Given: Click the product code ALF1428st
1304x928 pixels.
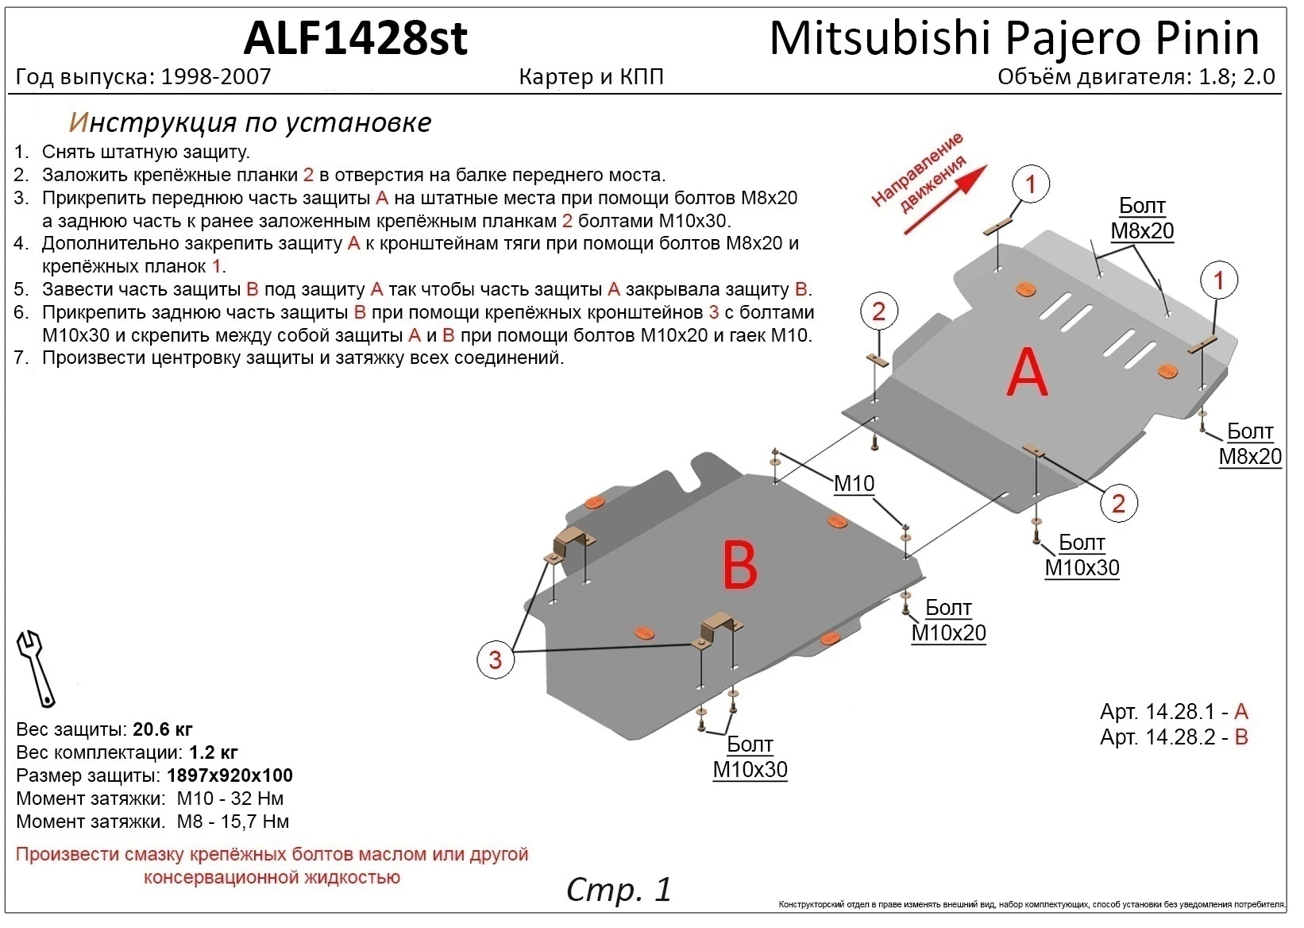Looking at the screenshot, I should point(355,37).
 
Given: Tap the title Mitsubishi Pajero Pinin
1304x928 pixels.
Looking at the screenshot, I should point(1014,37).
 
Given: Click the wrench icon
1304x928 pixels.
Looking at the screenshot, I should point(36,668).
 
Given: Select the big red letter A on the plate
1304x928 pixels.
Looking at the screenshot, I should point(1027,373).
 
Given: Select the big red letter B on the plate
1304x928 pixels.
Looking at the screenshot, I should point(740,566).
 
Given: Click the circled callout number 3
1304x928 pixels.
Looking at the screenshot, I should point(496,659).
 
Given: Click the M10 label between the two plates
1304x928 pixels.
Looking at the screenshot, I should point(854,483).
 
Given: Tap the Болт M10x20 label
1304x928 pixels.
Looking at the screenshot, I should point(948,621).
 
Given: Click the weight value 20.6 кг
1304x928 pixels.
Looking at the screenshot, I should point(162,729).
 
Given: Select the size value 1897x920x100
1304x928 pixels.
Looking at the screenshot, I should point(230,775).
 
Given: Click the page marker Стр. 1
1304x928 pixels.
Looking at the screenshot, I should point(619,890).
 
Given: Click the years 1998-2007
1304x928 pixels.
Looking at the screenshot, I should point(216,77).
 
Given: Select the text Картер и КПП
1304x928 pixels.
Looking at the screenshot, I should point(591,77).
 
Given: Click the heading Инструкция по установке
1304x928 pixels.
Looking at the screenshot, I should point(250,122).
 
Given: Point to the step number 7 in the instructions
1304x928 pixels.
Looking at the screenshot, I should point(21,358).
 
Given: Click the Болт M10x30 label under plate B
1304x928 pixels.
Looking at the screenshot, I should point(750,757).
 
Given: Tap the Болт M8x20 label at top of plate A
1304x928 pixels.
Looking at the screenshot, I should point(1142,218).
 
